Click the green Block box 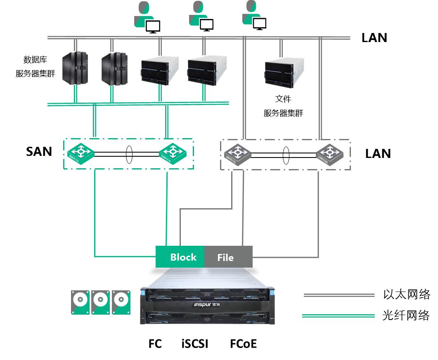point(180,257)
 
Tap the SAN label point(39,151)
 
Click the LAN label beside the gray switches point(378,154)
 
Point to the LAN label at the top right point(374,38)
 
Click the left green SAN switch point(80,153)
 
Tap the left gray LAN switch point(237,154)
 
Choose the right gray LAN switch point(329,154)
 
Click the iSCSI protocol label point(195,344)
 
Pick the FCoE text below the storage point(243,344)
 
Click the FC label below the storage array point(155,344)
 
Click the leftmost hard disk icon point(80,302)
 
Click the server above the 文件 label point(284,73)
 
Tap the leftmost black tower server point(75,68)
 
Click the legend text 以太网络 point(407,294)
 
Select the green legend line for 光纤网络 point(338,316)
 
